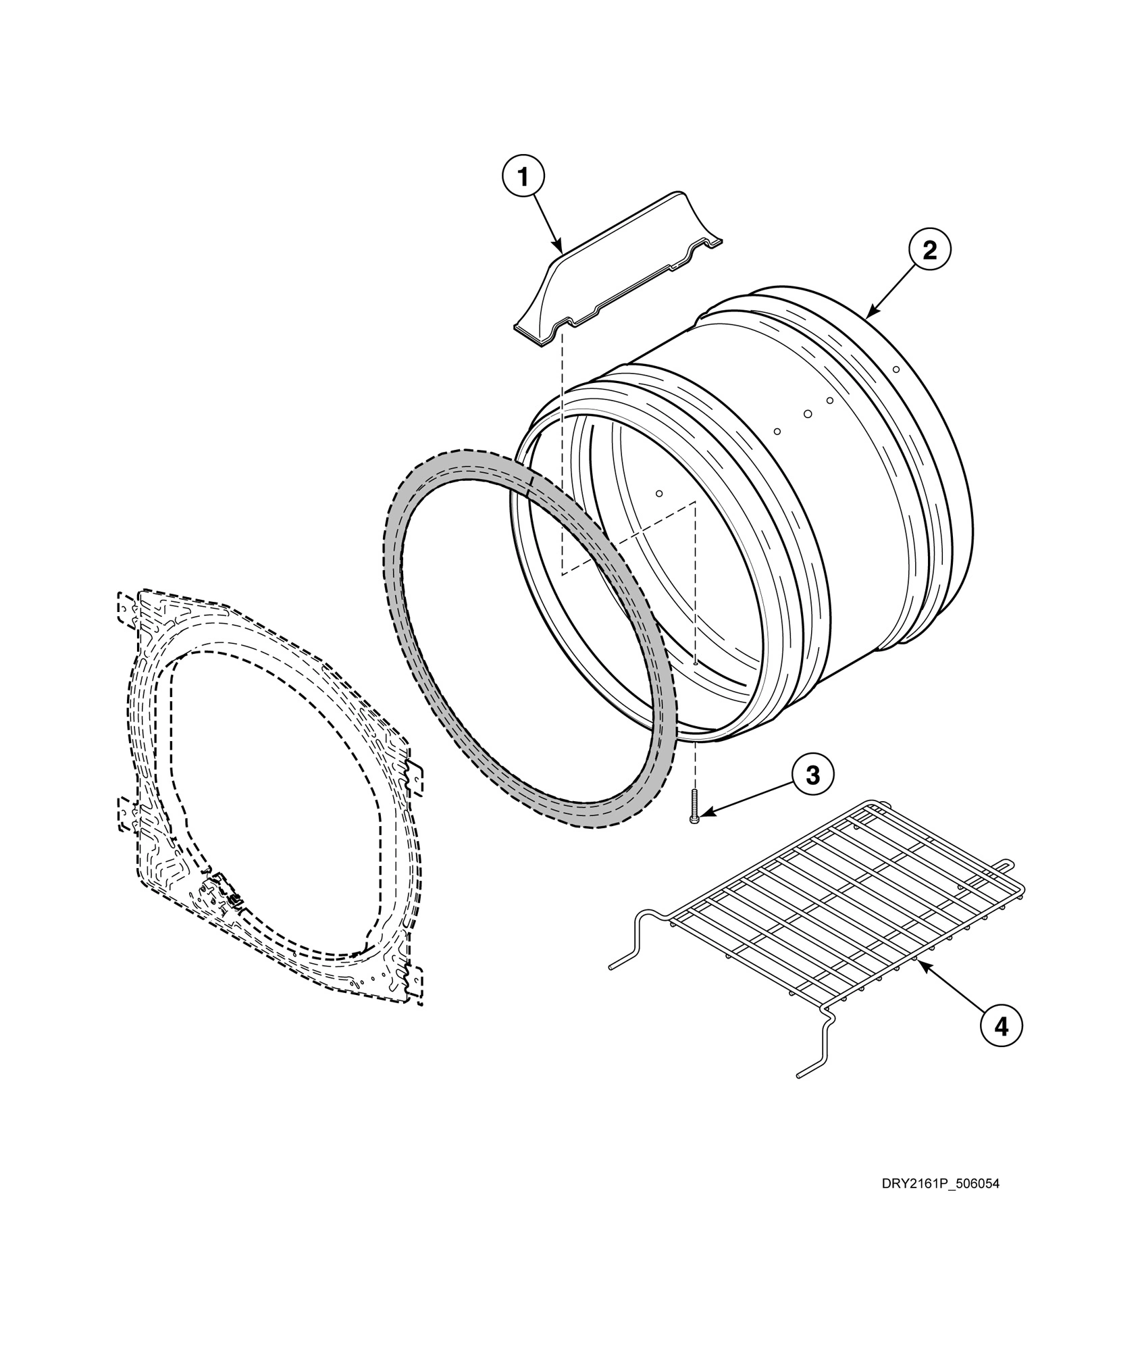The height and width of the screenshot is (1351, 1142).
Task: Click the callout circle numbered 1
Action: tap(523, 178)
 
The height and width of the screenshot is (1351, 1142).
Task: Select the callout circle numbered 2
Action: tap(929, 251)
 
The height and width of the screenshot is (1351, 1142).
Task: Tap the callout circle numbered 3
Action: tap(813, 775)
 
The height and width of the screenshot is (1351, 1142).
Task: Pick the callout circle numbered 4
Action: tap(1001, 1027)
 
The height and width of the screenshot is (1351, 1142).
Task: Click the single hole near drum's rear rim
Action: tap(896, 369)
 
